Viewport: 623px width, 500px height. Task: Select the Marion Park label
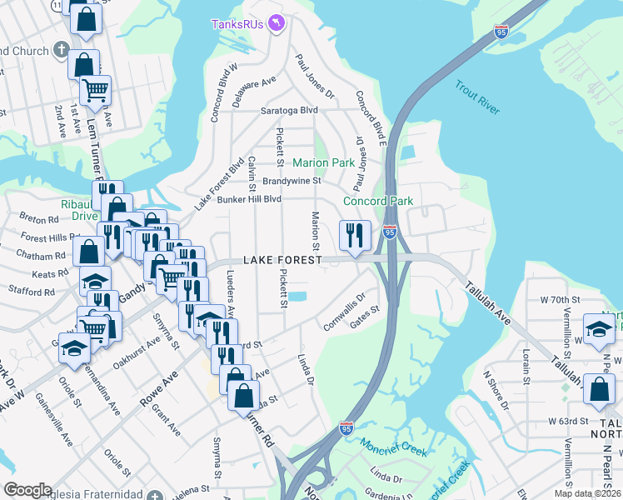tap(323, 162)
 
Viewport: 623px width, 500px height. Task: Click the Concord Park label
tap(379, 201)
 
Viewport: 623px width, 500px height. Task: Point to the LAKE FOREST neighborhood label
tap(282, 261)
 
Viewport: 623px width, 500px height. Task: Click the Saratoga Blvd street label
tap(289, 110)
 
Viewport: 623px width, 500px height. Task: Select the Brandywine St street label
tap(292, 180)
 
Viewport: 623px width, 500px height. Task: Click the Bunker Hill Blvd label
tap(250, 199)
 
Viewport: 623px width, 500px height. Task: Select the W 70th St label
tap(559, 298)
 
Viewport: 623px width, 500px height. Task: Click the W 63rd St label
tap(568, 421)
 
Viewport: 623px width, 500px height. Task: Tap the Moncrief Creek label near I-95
tap(394, 447)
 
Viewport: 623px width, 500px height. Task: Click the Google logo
tap(28, 490)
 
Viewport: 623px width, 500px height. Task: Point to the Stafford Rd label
tap(31, 292)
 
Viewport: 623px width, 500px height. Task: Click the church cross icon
tap(59, 50)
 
